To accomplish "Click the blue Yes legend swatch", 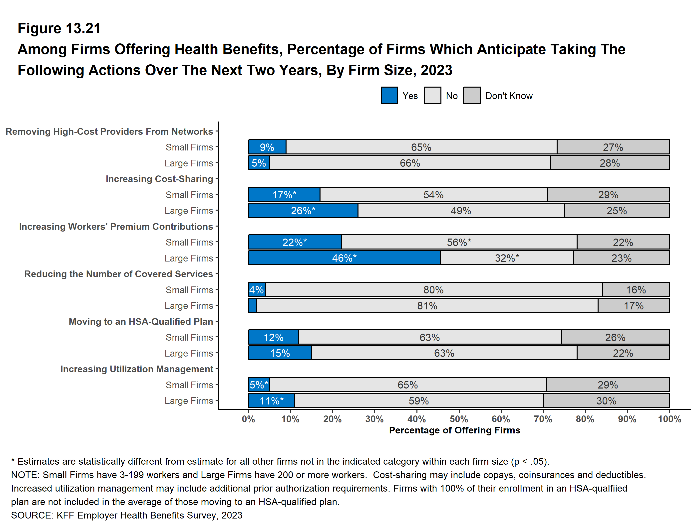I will tap(389, 96).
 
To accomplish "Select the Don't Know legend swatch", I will tap(472, 96).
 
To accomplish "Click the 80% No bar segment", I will tap(434, 289).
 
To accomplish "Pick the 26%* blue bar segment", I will tap(303, 211).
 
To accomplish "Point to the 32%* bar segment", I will tap(507, 258).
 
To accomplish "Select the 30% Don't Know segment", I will tap(606, 401).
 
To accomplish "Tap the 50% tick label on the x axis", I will tap(459, 419).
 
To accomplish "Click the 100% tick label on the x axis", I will tap(669, 419).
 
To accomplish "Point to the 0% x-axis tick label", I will tap(248, 419).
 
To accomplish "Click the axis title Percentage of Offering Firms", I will tap(454, 430).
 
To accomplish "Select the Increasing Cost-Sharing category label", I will tap(159, 179).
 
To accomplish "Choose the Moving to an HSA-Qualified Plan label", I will tap(141, 322).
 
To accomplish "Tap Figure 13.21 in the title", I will tap(59, 28).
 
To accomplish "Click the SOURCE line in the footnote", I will tap(127, 515).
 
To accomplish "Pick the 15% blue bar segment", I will tap(280, 353).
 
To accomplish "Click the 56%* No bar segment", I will tap(459, 242).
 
